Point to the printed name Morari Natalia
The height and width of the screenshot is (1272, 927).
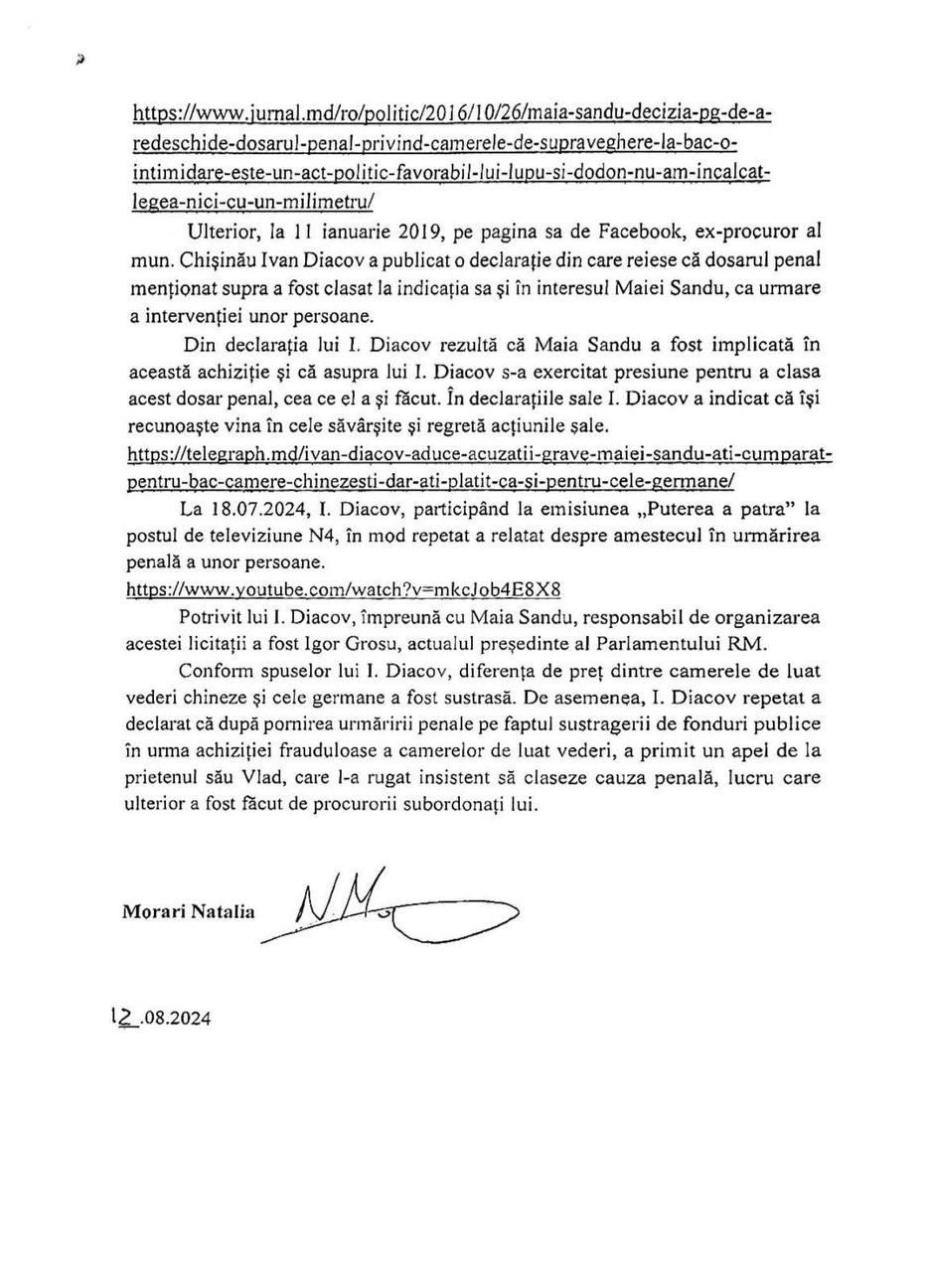[x=189, y=911]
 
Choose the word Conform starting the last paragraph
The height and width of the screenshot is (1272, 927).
[x=216, y=671]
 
